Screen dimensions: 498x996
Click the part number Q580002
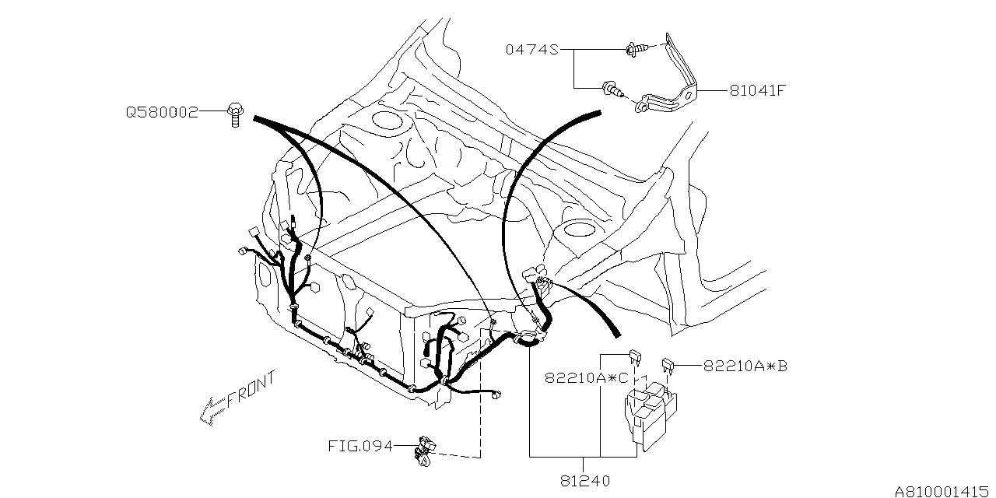[x=162, y=113]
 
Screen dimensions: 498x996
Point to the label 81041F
[x=756, y=90]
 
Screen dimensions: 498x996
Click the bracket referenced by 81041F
[x=673, y=82]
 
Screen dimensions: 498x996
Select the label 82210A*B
[x=745, y=365]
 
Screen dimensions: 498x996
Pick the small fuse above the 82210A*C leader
[x=634, y=356]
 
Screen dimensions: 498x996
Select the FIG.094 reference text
[x=359, y=447]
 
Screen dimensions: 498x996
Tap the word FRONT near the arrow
[x=251, y=391]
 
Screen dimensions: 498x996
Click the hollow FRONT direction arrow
[x=212, y=410]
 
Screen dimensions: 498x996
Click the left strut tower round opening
[x=386, y=121]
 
